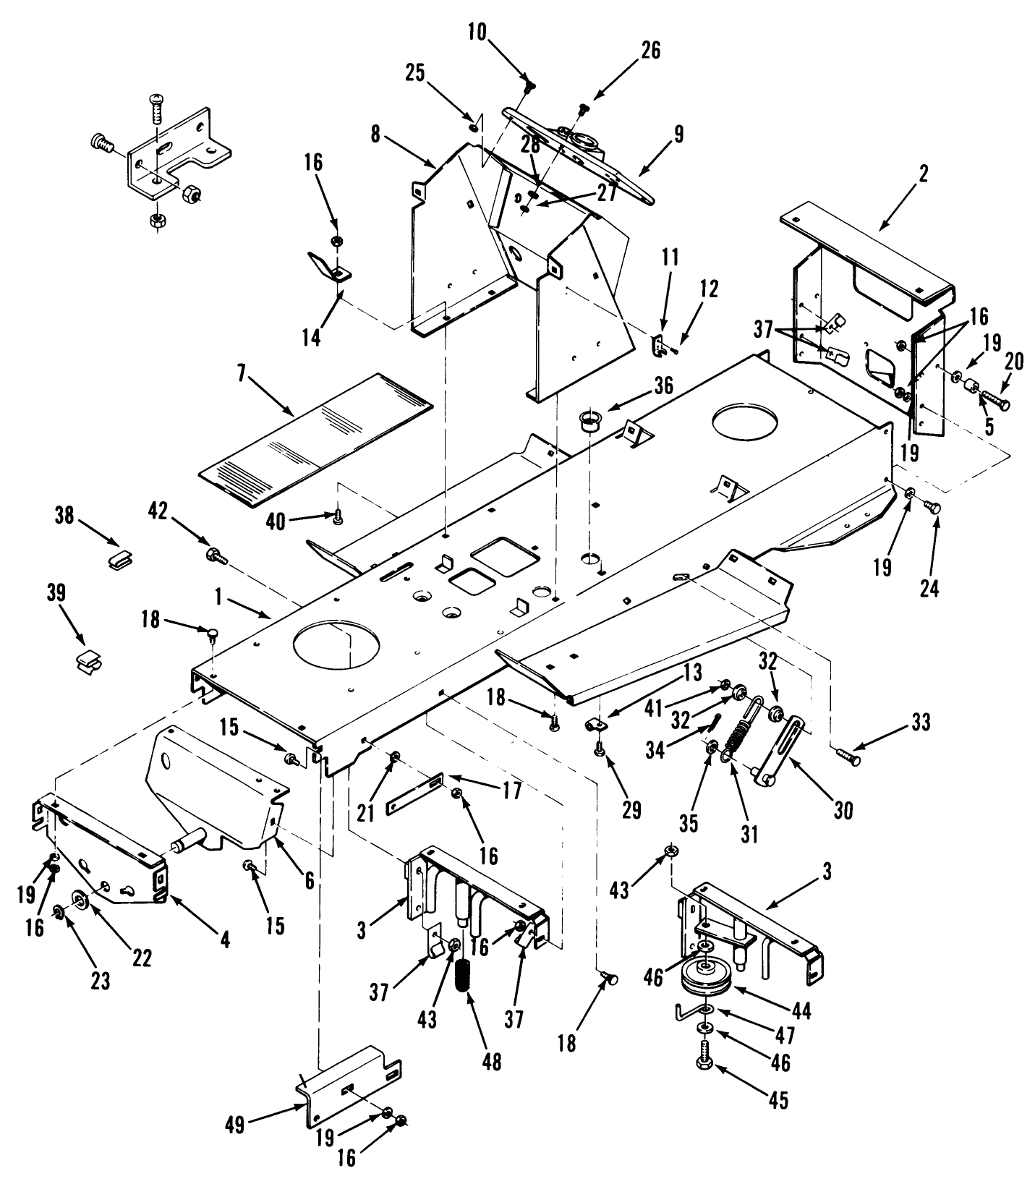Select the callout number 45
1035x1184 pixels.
click(x=778, y=1101)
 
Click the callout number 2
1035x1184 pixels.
click(x=923, y=174)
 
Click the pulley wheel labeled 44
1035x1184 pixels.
click(x=707, y=980)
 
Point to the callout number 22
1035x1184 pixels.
click(x=142, y=956)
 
